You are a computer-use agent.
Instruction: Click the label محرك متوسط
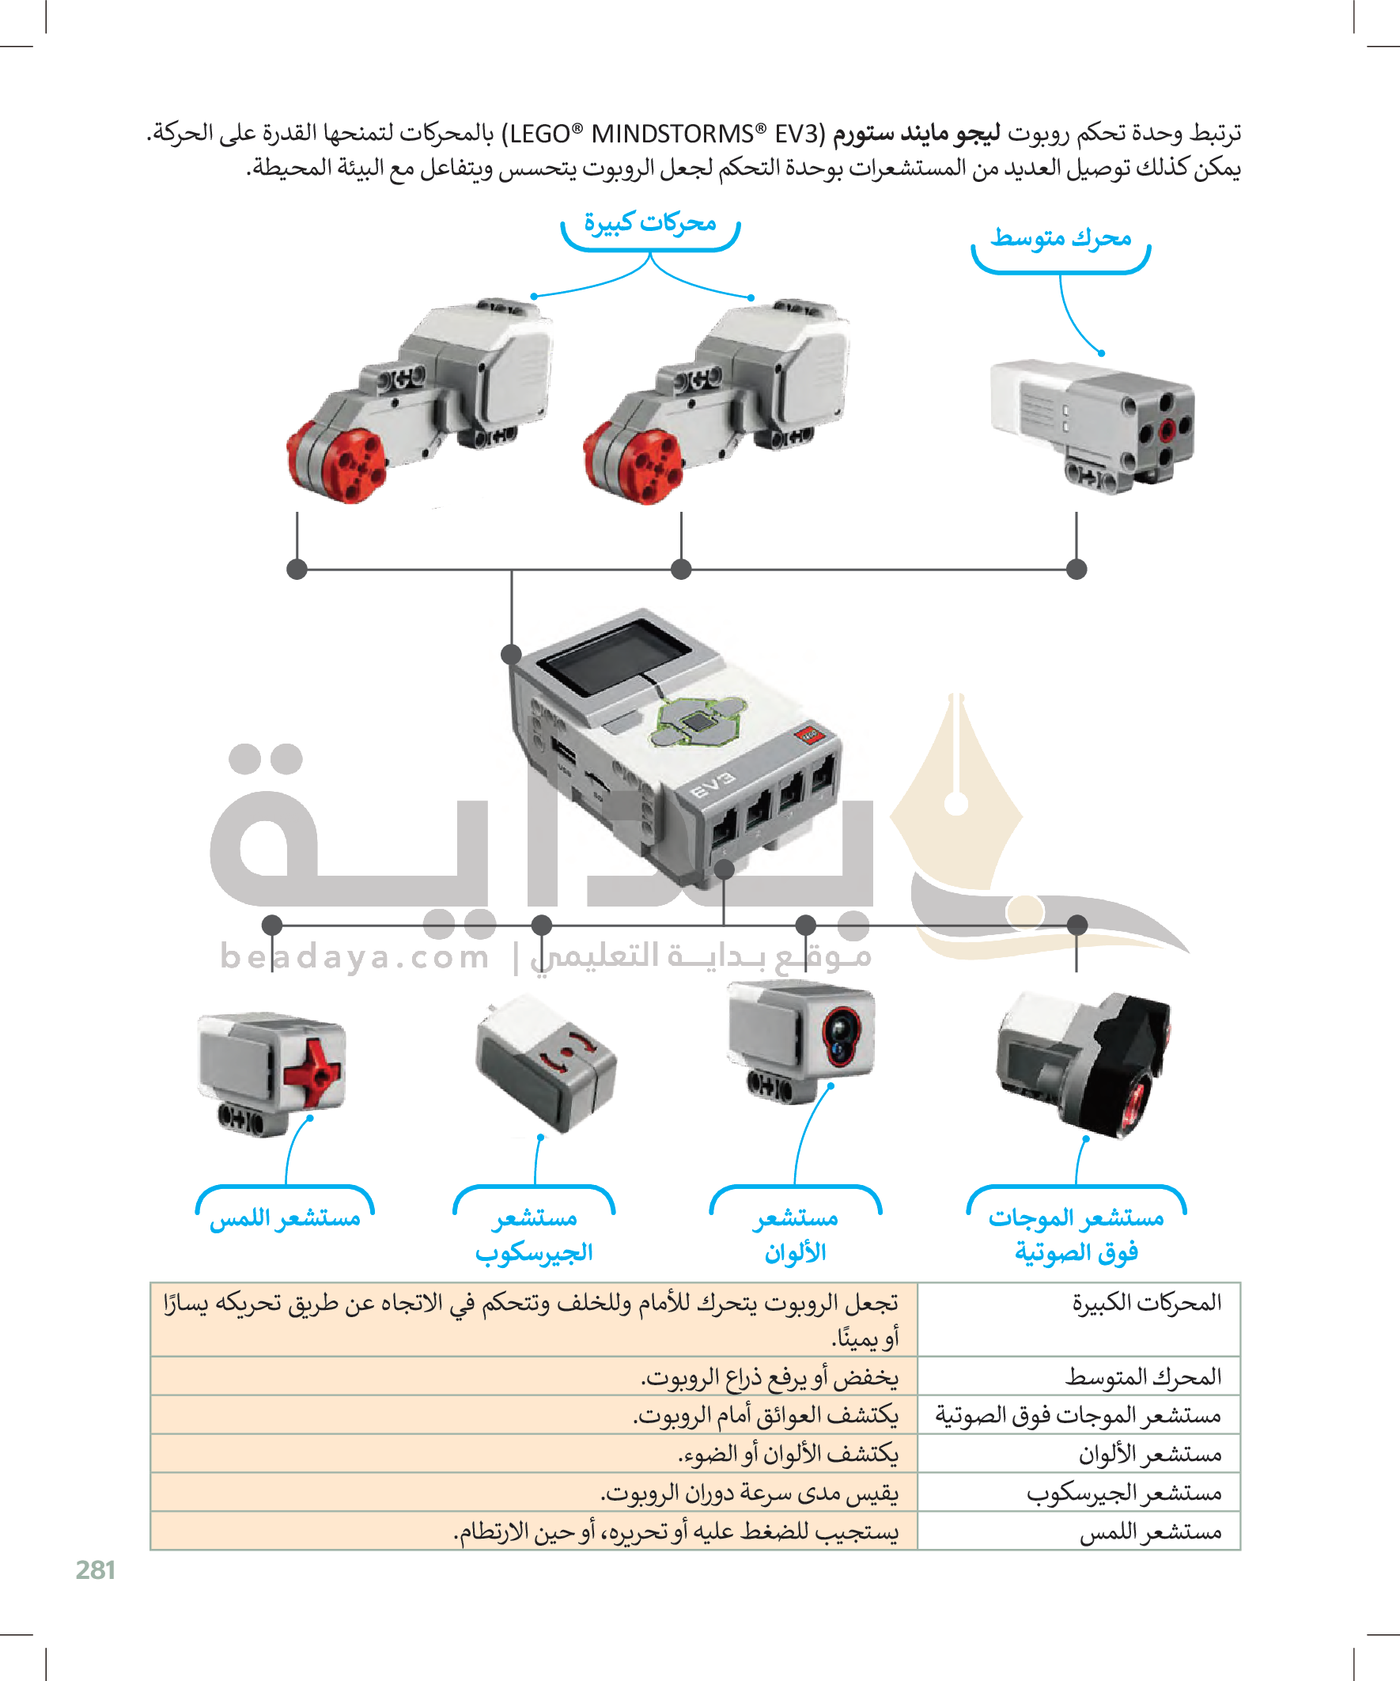1061,238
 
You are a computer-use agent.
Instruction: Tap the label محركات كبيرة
650,222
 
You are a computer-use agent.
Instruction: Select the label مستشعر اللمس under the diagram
285,1217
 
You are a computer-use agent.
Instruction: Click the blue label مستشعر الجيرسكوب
534,1234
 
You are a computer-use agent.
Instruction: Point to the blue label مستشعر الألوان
795,1234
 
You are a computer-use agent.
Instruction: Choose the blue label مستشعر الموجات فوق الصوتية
1076,1234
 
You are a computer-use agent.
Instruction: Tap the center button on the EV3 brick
698,721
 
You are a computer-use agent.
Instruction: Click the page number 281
95,1569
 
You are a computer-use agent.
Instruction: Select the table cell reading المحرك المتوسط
1078,1376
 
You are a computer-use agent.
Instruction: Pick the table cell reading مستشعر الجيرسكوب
1078,1492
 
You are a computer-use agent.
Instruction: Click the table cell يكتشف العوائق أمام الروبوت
534,1414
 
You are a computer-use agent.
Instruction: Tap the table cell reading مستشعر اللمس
1078,1531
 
